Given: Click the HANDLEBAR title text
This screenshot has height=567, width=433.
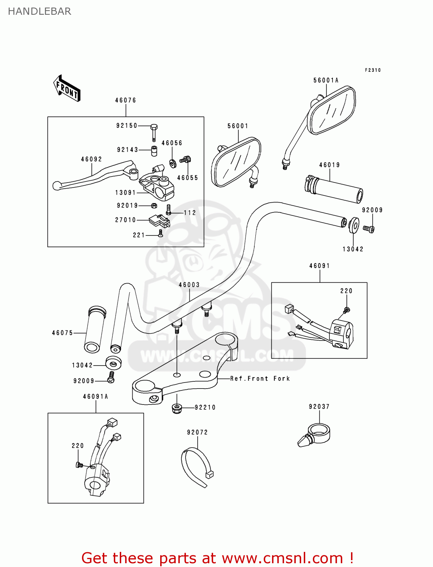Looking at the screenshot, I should point(39,11).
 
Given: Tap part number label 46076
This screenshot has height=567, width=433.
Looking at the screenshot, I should point(125,100).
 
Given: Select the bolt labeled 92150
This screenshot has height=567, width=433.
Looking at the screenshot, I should point(154,132).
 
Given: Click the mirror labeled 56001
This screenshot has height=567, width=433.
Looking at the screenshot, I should point(236,162).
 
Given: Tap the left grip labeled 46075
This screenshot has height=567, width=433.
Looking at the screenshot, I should point(94,329).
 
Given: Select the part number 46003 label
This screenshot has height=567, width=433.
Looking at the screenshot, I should point(189,285).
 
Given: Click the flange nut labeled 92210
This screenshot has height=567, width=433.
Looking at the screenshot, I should point(177,408).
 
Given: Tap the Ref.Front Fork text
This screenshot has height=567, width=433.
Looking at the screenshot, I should point(260,378).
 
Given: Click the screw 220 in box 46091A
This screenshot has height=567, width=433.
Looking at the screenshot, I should point(79,465).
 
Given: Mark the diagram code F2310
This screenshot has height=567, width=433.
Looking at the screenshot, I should point(373,70).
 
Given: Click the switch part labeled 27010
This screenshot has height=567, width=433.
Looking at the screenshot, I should point(159,221).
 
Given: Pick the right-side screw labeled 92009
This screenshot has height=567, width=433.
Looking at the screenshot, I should point(369,229).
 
